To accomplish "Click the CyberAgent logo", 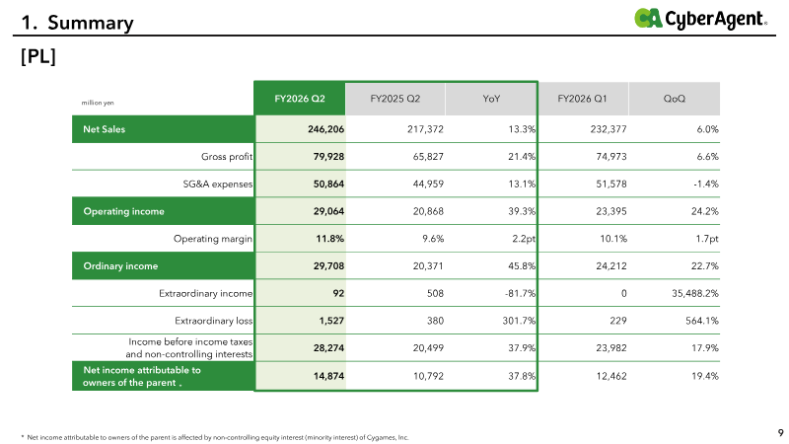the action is [700, 19].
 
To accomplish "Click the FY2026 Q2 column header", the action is [300, 99].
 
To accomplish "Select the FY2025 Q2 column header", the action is [395, 99].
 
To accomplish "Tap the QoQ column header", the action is [675, 99].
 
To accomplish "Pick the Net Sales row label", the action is [105, 129].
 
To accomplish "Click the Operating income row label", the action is [124, 211].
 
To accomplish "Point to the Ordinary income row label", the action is [120, 265].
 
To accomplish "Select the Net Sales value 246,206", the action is [326, 129].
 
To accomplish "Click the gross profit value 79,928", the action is [328, 157].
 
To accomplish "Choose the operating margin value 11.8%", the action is [330, 239].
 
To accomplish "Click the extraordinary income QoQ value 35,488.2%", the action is [695, 293].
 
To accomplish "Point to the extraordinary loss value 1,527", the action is [331, 321].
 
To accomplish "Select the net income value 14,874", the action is [328, 376].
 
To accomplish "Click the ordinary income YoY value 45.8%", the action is [522, 265].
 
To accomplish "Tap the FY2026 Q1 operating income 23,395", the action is [611, 211].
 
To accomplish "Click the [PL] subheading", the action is [38, 56].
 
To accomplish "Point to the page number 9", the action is [780, 433].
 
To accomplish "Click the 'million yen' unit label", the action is [98, 103].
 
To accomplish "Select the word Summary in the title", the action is [91, 23].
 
